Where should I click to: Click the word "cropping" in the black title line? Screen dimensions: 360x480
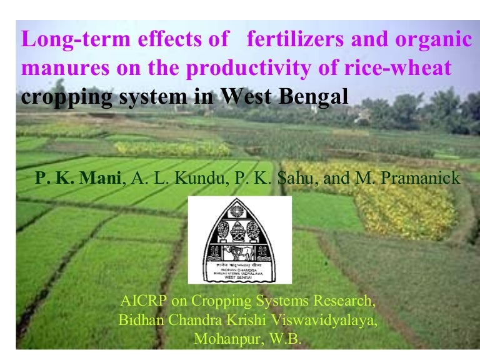click(63, 97)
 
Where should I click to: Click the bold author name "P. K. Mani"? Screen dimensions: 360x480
click(78, 179)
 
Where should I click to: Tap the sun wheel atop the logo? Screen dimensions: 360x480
click(240, 210)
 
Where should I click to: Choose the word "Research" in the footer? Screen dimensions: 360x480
click(343, 301)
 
